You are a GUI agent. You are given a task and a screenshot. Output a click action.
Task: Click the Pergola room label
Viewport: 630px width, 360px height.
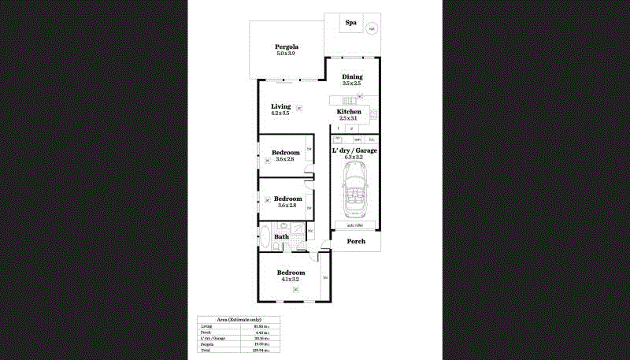[x=286, y=46]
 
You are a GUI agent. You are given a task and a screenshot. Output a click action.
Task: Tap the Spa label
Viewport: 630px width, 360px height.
[x=351, y=23]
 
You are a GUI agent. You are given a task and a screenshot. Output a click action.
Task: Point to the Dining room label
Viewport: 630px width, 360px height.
[x=352, y=76]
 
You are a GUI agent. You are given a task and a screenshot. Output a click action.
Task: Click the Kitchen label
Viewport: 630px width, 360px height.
[x=349, y=112]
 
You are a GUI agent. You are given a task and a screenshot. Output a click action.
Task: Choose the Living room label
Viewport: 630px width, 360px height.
[x=280, y=106]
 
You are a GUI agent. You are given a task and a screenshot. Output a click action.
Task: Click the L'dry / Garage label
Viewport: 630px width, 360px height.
[x=354, y=150]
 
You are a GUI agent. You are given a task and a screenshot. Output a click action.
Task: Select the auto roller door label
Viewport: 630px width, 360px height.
[x=354, y=225]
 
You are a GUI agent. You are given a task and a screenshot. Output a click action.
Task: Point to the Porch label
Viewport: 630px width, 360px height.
[x=356, y=241]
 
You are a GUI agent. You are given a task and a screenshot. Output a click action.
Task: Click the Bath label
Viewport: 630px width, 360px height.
[x=281, y=236]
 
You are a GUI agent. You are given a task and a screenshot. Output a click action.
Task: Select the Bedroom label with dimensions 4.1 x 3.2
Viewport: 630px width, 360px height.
[x=290, y=273]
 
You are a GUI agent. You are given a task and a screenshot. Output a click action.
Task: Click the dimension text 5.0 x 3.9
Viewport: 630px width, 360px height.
[x=286, y=53]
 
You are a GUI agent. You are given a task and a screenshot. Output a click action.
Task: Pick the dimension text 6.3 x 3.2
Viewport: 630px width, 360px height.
[x=354, y=157]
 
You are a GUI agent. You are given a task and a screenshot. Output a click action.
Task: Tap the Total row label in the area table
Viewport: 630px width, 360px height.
[x=206, y=351]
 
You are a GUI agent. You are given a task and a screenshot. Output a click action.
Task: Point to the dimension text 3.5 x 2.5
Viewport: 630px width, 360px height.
[x=352, y=84]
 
